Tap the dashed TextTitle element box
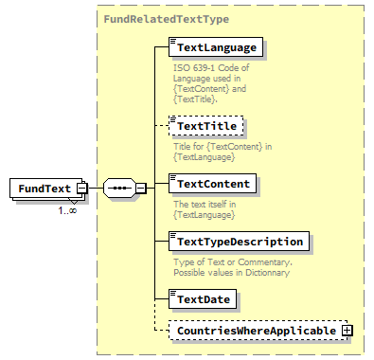205,124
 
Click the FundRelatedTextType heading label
167,18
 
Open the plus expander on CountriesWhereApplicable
347,330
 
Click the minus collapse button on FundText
81,189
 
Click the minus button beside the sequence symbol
140,189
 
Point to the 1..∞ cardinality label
67,209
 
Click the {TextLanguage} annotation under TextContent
204,215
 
